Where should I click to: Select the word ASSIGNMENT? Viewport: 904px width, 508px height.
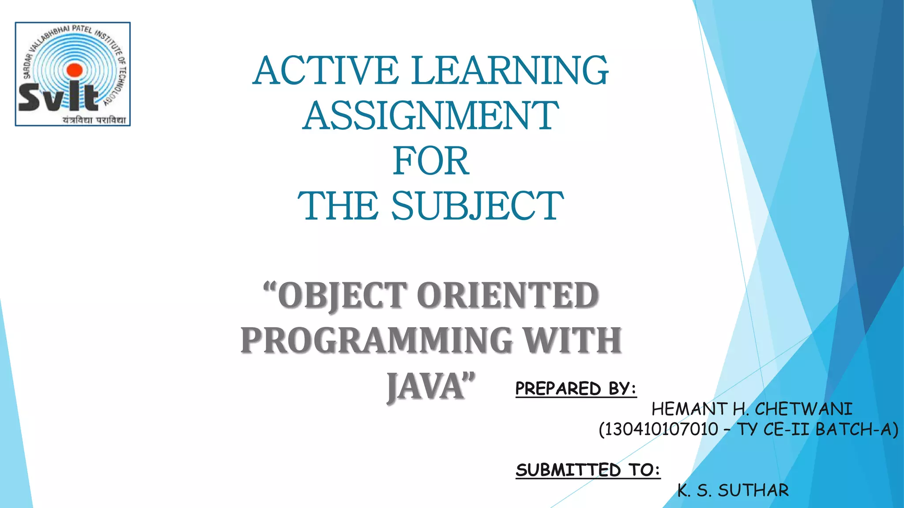431,116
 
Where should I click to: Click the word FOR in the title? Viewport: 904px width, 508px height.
431,161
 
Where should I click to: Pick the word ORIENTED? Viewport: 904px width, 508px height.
508,295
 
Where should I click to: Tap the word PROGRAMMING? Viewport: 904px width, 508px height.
376,341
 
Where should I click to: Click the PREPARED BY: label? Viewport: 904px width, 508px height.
576,389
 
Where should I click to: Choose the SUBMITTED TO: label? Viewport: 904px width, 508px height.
588,470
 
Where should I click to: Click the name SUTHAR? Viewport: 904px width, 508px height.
753,490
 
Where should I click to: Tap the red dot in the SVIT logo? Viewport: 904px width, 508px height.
75,70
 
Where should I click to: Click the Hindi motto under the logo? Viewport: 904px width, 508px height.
94,120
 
